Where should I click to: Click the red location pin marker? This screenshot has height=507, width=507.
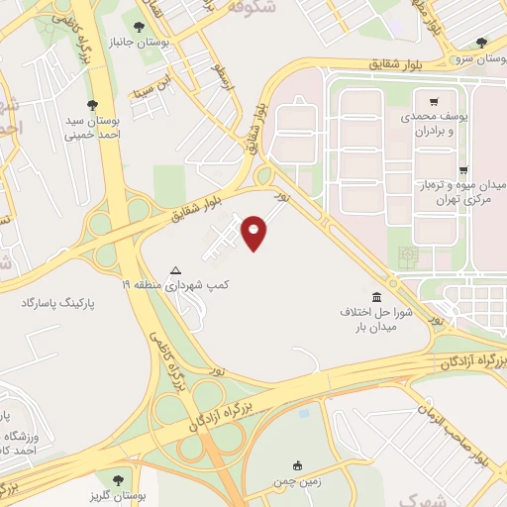tap(255, 233)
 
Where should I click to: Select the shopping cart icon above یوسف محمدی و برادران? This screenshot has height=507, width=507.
tap(433, 101)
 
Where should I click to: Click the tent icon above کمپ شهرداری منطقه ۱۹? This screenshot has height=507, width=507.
tap(176, 269)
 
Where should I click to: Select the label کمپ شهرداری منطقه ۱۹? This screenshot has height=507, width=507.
tap(175, 284)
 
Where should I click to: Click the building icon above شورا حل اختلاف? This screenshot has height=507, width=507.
tap(376, 297)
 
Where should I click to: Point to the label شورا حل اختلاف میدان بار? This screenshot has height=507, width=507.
tap(376, 319)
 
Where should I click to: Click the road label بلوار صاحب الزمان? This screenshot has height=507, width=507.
tap(452, 433)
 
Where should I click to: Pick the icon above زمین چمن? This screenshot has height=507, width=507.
tap(296, 465)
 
